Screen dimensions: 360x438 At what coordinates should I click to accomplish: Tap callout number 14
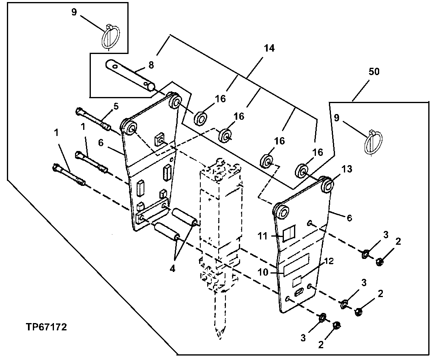point(268,48)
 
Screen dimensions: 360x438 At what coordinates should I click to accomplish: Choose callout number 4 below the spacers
point(172,269)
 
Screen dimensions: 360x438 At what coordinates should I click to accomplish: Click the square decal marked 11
point(290,235)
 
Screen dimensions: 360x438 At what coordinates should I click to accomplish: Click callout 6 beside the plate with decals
point(349,218)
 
